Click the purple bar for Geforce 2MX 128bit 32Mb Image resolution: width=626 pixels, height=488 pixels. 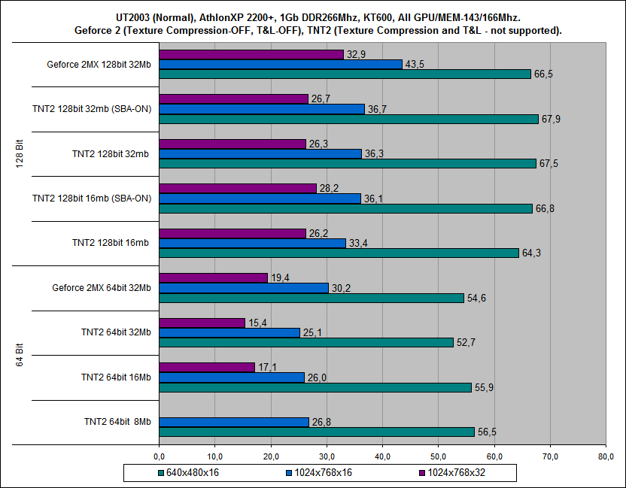(x=251, y=54)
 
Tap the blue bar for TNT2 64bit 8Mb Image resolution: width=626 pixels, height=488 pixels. (x=234, y=422)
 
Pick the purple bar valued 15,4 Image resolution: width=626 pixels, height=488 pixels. (x=202, y=323)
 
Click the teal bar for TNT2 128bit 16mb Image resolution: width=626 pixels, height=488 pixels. (x=339, y=253)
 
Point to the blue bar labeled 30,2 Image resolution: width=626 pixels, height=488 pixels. (x=244, y=288)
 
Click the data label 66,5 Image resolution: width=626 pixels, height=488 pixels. (x=543, y=74)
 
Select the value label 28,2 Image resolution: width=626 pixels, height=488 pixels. (x=328, y=189)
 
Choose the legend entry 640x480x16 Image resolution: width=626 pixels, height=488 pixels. (x=187, y=472)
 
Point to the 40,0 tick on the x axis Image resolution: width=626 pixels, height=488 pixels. (x=382, y=456)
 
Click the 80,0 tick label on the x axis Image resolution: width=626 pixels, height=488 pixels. (x=606, y=456)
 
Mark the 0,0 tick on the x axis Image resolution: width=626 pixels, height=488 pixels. (x=159, y=456)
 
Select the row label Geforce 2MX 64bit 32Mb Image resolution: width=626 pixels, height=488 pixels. (x=102, y=287)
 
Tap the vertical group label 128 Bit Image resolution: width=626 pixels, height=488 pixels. (x=21, y=153)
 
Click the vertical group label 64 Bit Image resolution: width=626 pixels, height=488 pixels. (x=21, y=354)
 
